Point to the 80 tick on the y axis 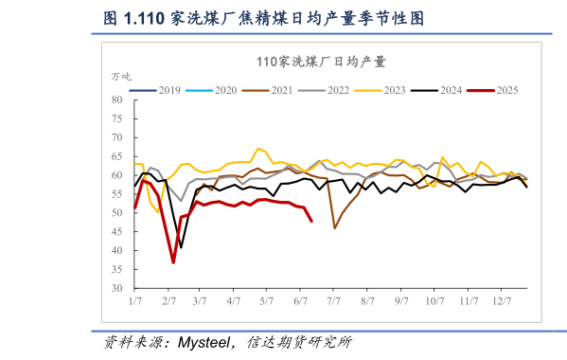coord(117,99)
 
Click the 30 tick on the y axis coord(117,288)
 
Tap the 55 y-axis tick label coord(117,194)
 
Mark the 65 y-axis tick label coord(117,156)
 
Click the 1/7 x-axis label coord(135,300)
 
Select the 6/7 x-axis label coord(302,300)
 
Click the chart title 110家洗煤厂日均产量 coord(321,62)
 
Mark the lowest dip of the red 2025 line coord(173,262)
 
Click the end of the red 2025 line coord(312,221)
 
